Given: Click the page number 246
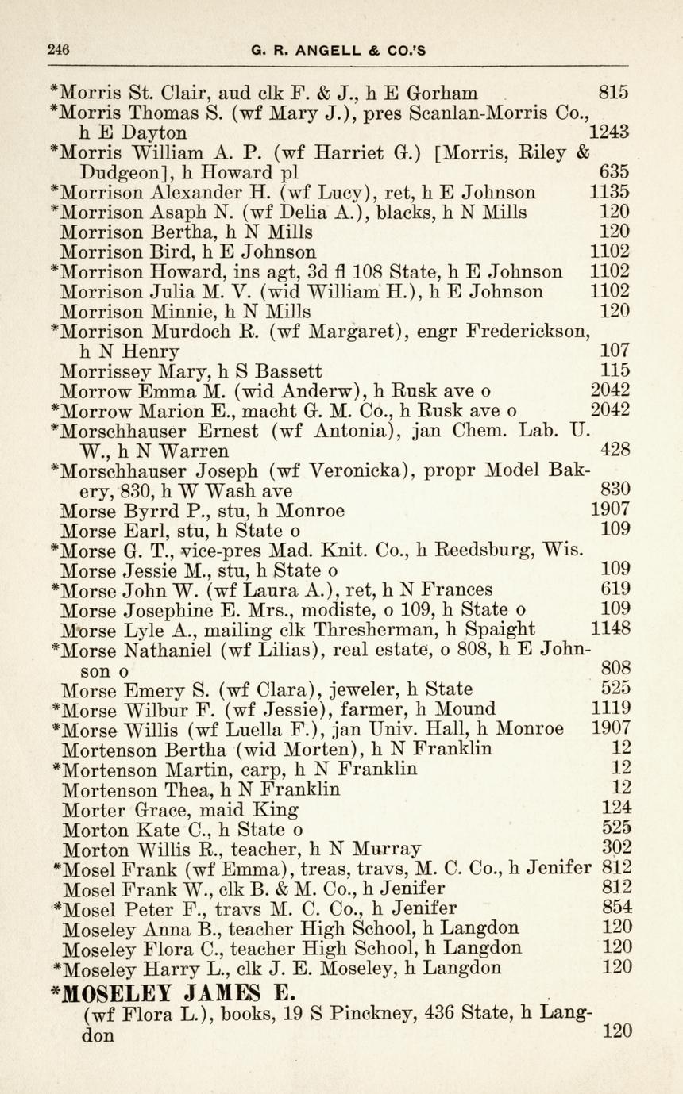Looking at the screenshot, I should click(x=58, y=49).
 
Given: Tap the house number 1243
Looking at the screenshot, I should click(x=610, y=132).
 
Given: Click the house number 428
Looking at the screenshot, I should click(x=615, y=451).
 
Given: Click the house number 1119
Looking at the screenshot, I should click(x=612, y=708).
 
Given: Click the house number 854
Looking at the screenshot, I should click(x=617, y=908).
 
